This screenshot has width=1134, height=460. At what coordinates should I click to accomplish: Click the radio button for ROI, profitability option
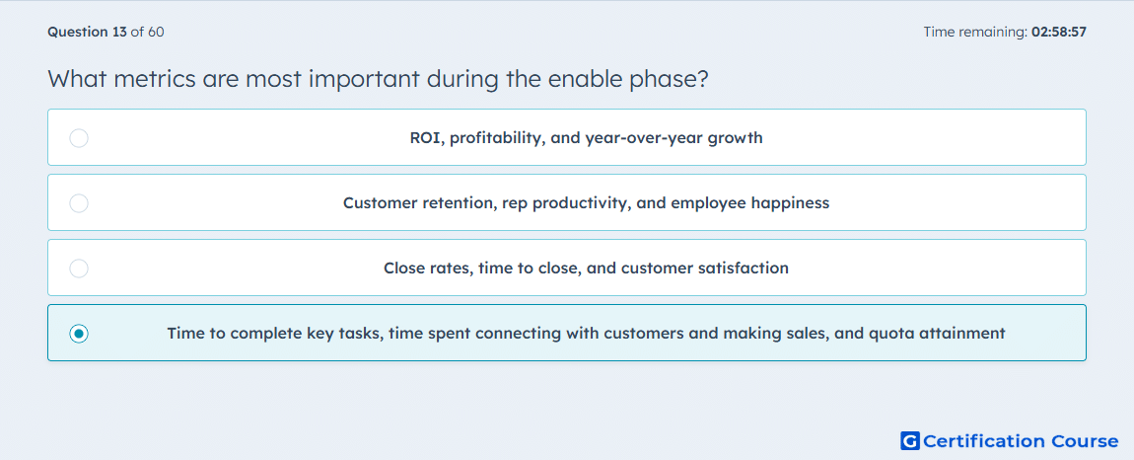point(79,137)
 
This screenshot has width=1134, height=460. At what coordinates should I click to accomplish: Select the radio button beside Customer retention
point(79,202)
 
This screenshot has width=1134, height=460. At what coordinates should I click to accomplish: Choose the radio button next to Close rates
point(79,268)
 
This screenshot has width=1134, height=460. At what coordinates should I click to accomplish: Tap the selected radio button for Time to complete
point(79,334)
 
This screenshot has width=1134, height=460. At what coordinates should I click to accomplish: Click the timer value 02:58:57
point(1059,32)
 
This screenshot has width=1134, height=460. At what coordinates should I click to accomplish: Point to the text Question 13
point(87,32)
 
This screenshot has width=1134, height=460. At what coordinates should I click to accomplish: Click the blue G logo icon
point(910,440)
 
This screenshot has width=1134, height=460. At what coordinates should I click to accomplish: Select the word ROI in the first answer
point(427,137)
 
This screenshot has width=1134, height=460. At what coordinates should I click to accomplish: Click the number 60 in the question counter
point(156,32)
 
